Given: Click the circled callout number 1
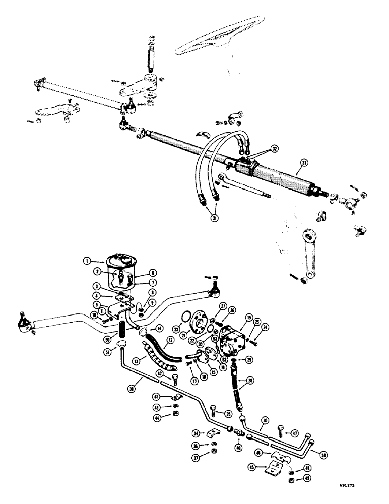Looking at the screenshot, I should coord(87,261).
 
